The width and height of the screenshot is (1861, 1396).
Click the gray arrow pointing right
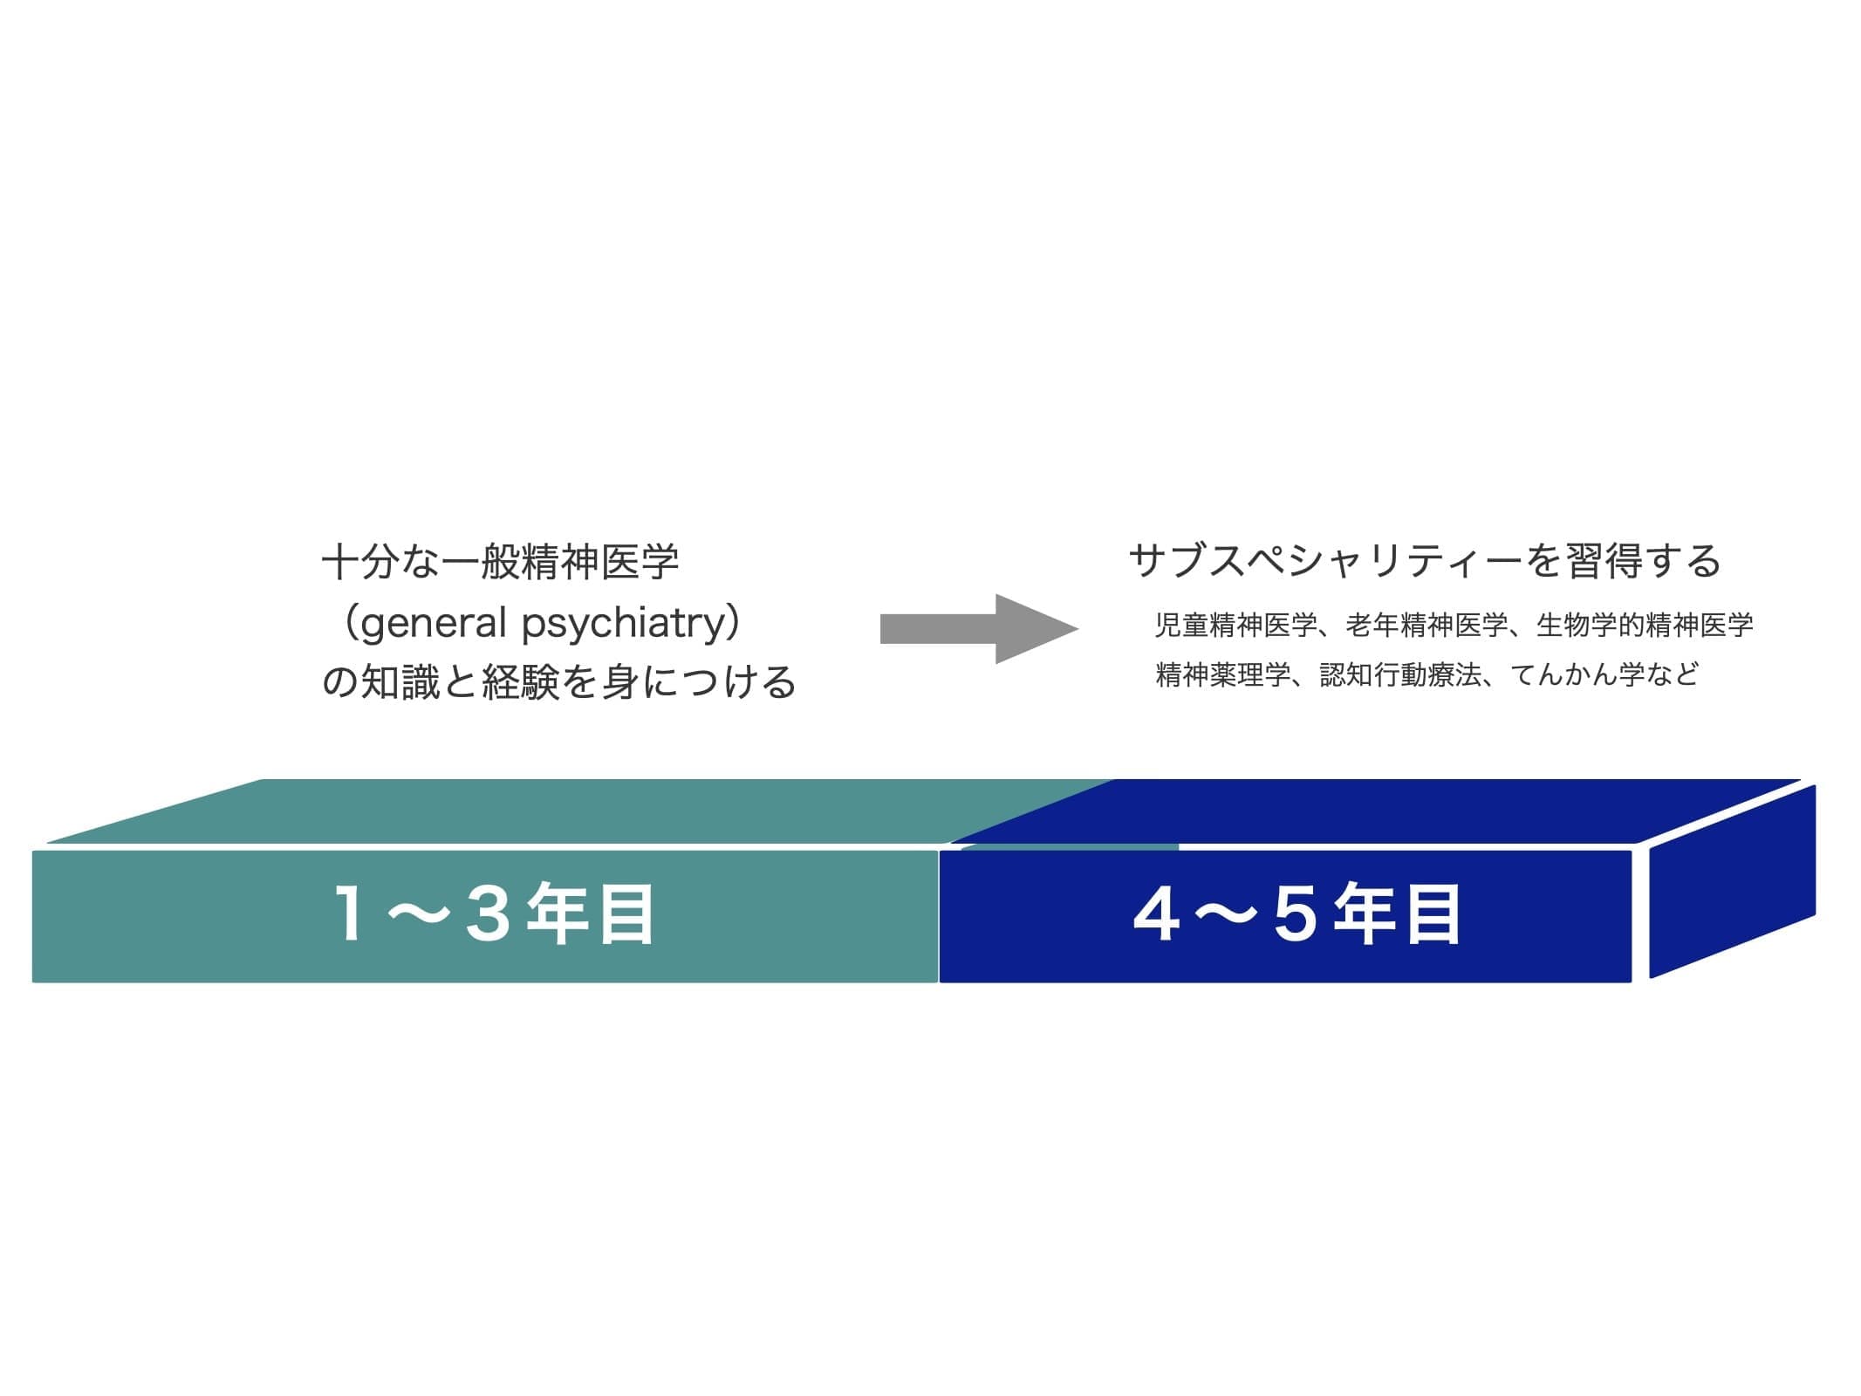[979, 628]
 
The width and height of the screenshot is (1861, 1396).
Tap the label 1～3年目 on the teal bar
[495, 914]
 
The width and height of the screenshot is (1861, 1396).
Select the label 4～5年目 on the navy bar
[1297, 914]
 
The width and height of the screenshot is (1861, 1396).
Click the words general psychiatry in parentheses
[542, 623]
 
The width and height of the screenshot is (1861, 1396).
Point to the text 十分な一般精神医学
[500, 561]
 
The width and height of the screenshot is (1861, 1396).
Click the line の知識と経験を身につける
[558, 682]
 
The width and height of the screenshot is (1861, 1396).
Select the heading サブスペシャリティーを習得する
[1424, 561]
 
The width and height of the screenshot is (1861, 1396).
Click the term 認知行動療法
[1400, 674]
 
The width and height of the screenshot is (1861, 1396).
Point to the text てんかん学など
[1604, 674]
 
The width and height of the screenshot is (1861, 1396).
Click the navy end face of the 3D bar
[1733, 881]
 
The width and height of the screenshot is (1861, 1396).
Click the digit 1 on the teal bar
[351, 914]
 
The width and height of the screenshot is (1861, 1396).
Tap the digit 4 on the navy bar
[1157, 914]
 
